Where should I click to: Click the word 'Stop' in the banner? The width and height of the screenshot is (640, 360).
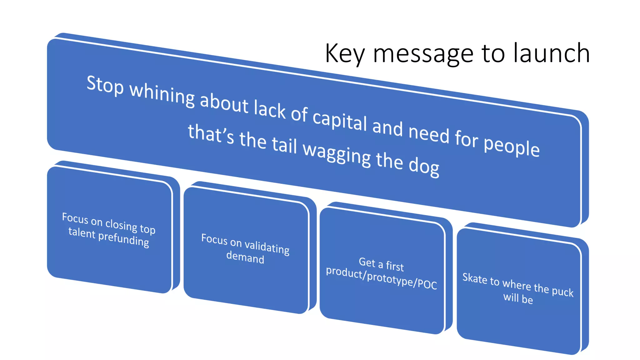click(x=105, y=85)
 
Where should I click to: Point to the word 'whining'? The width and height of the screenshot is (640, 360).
click(x=162, y=95)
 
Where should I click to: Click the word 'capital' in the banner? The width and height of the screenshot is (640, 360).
click(x=340, y=120)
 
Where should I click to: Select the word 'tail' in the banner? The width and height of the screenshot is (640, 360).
click(x=284, y=145)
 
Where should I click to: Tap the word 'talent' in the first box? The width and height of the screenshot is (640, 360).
click(x=82, y=233)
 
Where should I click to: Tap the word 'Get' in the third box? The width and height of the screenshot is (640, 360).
click(x=367, y=262)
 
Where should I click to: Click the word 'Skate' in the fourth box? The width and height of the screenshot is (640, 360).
click(x=474, y=278)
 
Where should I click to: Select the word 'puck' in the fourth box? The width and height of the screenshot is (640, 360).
click(x=562, y=291)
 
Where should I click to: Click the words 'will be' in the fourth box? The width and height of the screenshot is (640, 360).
click(x=518, y=298)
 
